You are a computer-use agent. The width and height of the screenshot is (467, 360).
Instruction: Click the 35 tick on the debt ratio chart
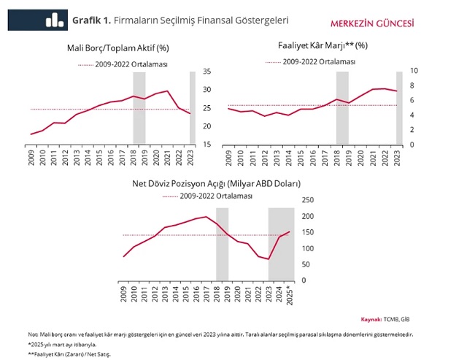(x=207, y=72)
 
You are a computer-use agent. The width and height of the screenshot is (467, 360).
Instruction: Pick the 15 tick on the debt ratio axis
(x=207, y=145)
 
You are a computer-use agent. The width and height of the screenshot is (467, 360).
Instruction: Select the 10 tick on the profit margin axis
(x=414, y=72)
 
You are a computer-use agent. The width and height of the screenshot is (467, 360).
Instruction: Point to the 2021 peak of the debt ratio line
(x=168, y=91)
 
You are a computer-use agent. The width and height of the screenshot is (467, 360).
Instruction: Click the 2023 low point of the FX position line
(x=268, y=259)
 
